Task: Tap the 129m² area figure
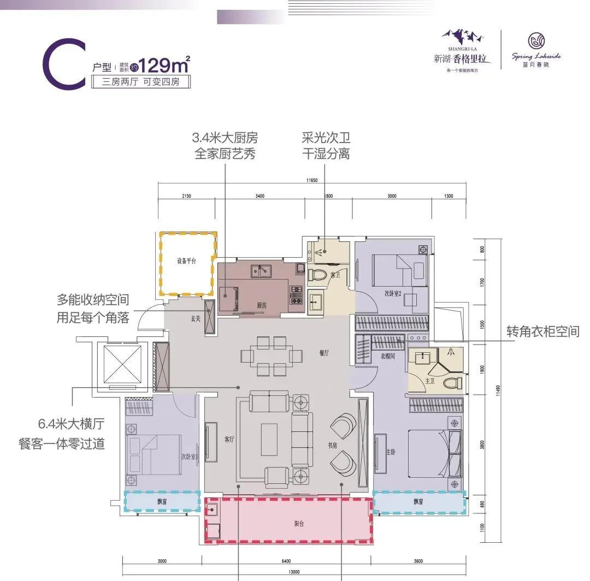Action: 164,66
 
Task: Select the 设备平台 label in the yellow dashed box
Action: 186,262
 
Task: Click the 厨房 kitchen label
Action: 261,306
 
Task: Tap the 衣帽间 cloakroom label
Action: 388,356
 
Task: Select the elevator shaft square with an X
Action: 122,364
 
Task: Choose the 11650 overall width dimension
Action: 312,180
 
